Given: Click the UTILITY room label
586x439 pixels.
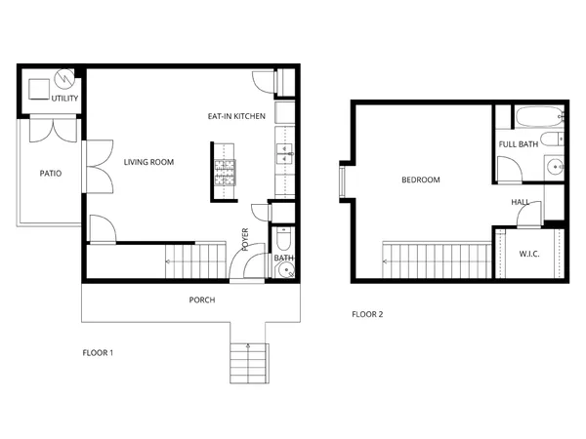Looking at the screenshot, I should [64, 100].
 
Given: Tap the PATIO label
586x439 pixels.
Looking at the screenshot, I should [51, 174].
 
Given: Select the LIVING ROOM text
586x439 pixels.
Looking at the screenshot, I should [148, 162].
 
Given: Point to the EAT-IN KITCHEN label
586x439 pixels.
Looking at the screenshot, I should [236, 116].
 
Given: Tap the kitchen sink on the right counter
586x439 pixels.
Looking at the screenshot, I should [285, 153].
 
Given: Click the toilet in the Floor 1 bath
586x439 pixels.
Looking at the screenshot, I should [283, 239].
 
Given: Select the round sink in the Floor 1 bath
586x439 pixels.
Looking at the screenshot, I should [285, 270].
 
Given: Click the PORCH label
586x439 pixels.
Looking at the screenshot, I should [202, 300].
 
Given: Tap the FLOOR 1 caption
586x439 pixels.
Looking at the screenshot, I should [98, 352].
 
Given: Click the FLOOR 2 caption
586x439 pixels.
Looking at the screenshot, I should [367, 314].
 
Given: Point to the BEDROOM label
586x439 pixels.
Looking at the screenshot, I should [421, 180].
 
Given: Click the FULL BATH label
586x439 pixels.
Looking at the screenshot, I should [519, 144].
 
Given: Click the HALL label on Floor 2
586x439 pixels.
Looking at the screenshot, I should [520, 202].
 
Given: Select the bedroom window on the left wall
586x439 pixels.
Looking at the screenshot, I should [343, 182].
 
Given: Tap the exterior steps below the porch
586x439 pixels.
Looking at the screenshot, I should [248, 361].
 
